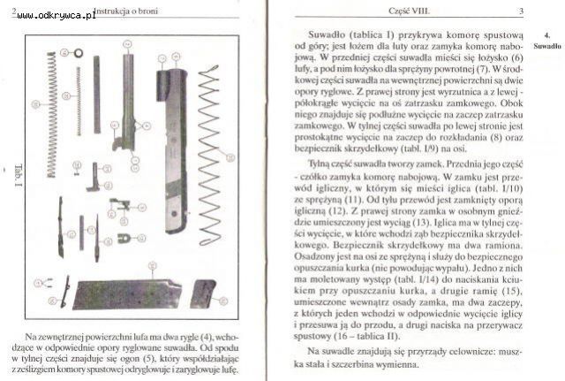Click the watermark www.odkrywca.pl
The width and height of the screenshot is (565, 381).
(56, 15)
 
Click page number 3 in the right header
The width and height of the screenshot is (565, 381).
(522, 11)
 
